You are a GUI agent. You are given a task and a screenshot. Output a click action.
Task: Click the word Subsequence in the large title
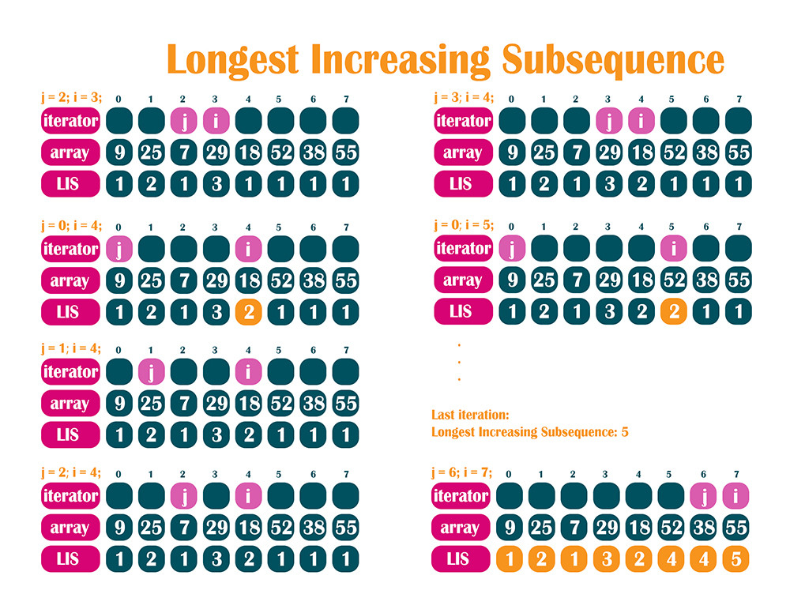pyautogui.click(x=613, y=60)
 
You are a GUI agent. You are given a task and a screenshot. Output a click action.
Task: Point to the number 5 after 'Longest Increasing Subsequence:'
pyautogui.click(x=624, y=432)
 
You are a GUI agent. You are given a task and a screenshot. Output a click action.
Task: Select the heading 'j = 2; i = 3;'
pyautogui.click(x=71, y=98)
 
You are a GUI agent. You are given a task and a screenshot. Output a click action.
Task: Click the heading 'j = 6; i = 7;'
pyautogui.click(x=461, y=472)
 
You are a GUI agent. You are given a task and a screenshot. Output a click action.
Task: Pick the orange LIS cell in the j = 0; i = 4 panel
pyautogui.click(x=249, y=311)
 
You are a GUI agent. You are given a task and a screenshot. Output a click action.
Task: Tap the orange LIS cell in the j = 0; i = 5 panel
pyautogui.click(x=673, y=311)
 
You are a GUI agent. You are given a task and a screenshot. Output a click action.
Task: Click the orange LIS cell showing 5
pyautogui.click(x=736, y=559)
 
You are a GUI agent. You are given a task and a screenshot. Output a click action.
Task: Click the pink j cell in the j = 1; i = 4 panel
pyautogui.click(x=151, y=371)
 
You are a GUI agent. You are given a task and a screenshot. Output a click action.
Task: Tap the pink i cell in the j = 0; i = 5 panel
pyautogui.click(x=673, y=249)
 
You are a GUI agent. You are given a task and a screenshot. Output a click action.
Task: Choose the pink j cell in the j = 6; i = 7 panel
pyautogui.click(x=704, y=496)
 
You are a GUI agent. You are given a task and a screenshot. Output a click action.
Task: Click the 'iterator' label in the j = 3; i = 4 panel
pyautogui.click(x=463, y=121)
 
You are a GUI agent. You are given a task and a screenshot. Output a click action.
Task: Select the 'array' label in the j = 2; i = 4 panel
pyautogui.click(x=71, y=528)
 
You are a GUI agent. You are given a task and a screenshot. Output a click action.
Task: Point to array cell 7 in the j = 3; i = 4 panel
pyautogui.click(x=576, y=152)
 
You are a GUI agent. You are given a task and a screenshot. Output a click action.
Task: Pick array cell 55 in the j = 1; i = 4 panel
pyautogui.click(x=344, y=404)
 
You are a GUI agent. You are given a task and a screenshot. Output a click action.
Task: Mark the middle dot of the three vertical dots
pyautogui.click(x=458, y=363)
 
